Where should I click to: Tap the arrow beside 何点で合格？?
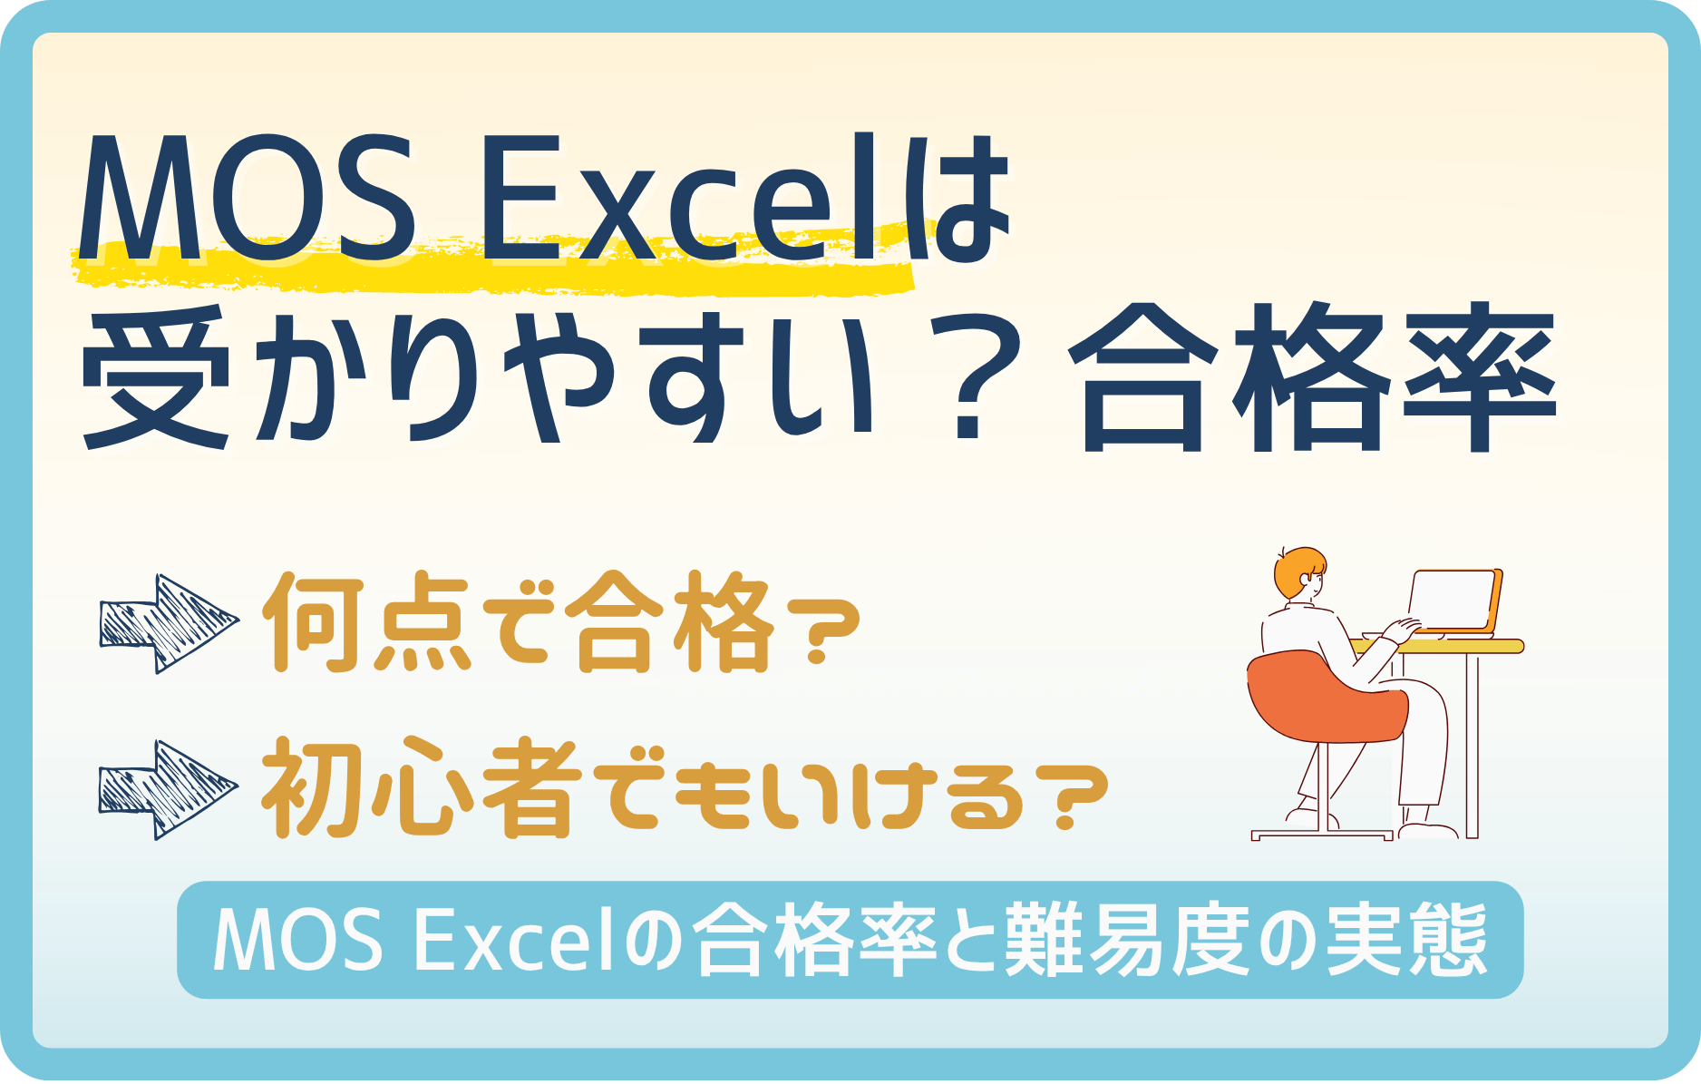click(x=168, y=623)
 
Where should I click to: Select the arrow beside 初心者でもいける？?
click(x=168, y=789)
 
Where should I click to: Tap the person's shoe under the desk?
click(x=1428, y=830)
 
